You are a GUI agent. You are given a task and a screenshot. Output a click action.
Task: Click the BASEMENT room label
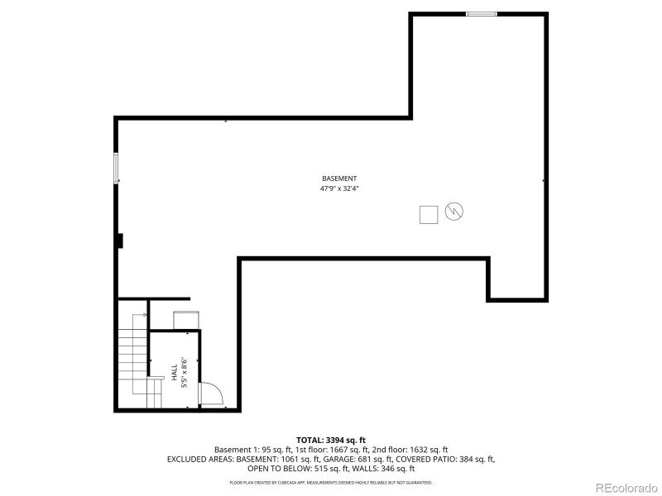coord(339,179)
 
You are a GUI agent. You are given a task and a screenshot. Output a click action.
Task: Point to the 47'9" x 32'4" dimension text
coord(339,188)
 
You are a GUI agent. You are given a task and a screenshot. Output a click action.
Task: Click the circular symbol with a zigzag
coord(454,212)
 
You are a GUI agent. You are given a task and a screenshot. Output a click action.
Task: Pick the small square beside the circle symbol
coord(429,214)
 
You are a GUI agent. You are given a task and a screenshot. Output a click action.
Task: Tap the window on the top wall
coord(482,13)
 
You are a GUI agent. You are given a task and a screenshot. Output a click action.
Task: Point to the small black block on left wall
coord(120,240)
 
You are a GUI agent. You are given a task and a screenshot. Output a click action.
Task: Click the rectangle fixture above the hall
coord(185,319)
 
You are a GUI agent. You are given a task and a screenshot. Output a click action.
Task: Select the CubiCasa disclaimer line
coord(330,482)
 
